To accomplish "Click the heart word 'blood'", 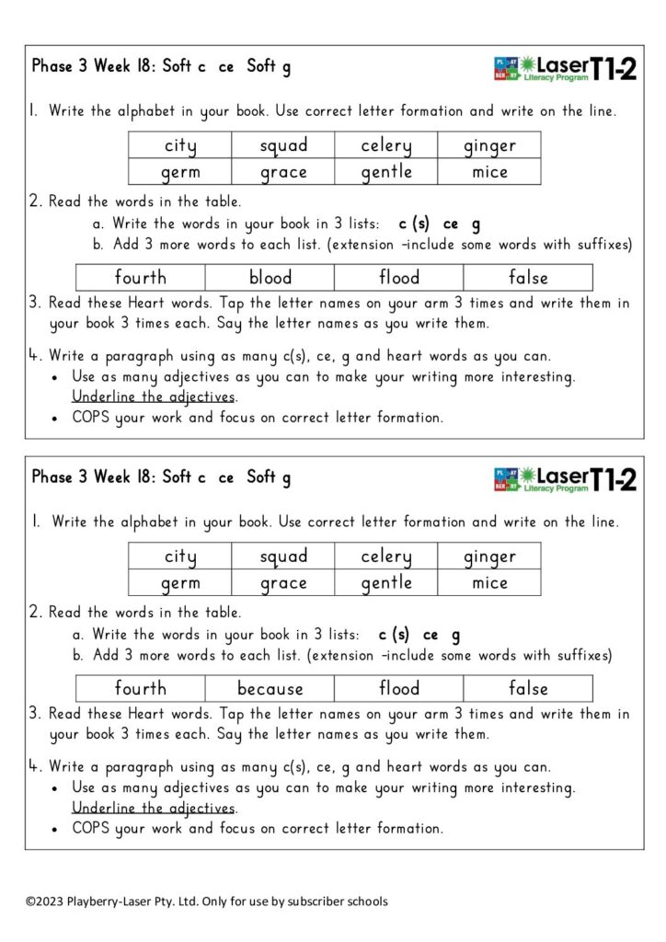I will click(x=270, y=277).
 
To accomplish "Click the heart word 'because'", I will click(x=270, y=688).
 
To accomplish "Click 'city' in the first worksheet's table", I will click(x=180, y=145).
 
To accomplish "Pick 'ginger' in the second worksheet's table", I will click(x=489, y=557).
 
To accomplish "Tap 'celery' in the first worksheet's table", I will click(x=386, y=145).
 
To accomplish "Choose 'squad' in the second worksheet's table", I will click(x=283, y=557).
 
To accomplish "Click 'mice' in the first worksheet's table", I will click(x=489, y=172).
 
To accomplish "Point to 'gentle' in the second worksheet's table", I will click(x=386, y=582).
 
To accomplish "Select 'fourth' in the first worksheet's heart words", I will click(x=141, y=277).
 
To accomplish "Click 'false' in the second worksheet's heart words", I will click(x=528, y=688).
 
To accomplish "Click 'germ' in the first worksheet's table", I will click(x=180, y=172).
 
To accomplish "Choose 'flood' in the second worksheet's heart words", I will click(x=399, y=688).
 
